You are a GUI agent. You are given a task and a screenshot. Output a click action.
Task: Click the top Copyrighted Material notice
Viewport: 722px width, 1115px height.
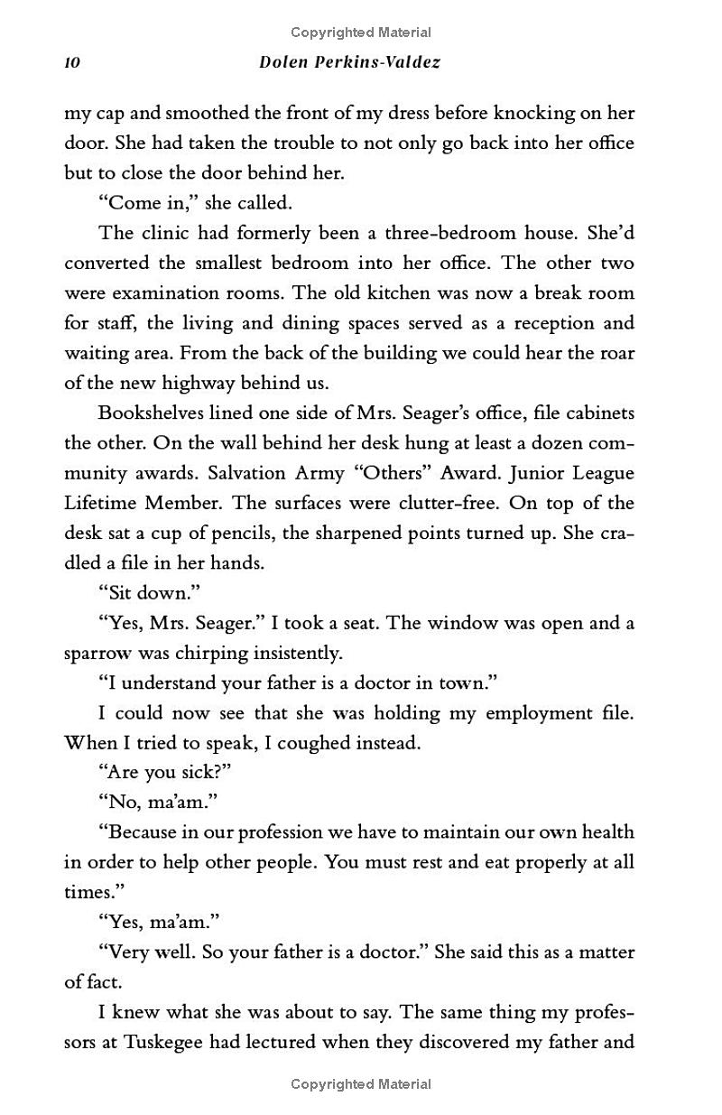[361, 33]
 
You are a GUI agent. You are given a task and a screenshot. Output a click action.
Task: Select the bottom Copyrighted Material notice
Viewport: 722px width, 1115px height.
[361, 1084]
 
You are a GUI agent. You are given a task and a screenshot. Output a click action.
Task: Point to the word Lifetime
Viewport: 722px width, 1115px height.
[100, 503]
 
